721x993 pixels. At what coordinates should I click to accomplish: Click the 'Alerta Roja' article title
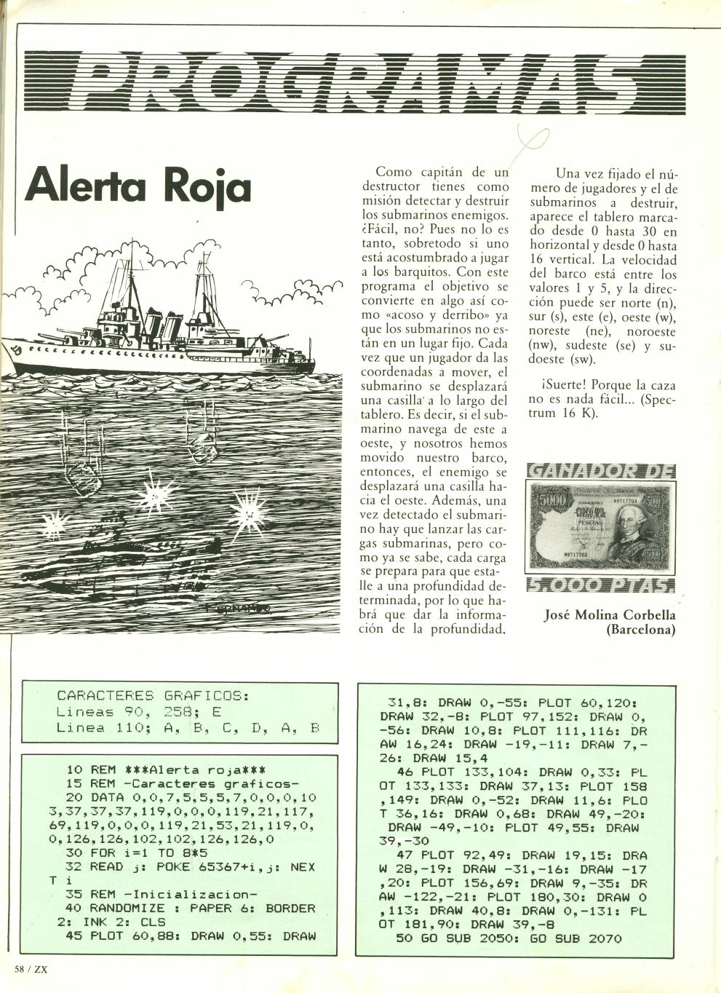[x=138, y=186]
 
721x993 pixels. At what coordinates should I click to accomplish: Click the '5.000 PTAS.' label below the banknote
[x=600, y=585]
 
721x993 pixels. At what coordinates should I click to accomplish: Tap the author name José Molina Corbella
[x=610, y=615]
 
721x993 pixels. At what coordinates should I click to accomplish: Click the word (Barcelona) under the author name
[x=640, y=630]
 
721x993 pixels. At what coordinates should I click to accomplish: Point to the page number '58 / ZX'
[x=31, y=969]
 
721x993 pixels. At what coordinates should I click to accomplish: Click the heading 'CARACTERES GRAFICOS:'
[x=153, y=695]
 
